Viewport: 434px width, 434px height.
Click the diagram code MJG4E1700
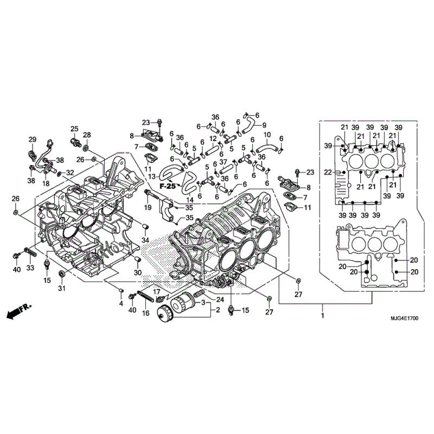pyautogui.click(x=404, y=318)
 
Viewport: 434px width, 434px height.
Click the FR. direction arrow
pyautogui.click(x=19, y=311)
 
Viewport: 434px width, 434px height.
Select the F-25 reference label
pyautogui.click(x=168, y=186)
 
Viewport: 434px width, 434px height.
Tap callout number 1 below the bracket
pyautogui.click(x=322, y=316)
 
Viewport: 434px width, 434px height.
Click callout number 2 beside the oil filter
pyautogui.click(x=218, y=310)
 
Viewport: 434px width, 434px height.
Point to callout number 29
pyautogui.click(x=33, y=139)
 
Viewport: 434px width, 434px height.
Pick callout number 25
pyautogui.click(x=74, y=129)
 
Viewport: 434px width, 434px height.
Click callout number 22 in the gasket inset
pyautogui.click(x=328, y=173)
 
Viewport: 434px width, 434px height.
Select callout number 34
pyautogui.click(x=145, y=240)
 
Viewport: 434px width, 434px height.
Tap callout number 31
pyautogui.click(x=62, y=288)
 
